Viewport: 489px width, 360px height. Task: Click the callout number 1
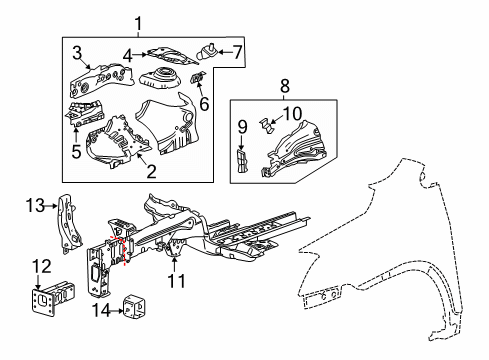140,23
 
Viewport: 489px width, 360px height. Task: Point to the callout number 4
129,56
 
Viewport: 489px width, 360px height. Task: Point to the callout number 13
34,207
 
